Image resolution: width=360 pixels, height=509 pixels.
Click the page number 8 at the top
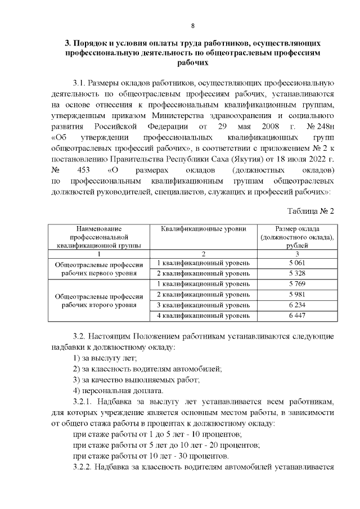tap(192, 26)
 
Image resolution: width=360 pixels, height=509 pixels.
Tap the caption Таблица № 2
tap(311, 211)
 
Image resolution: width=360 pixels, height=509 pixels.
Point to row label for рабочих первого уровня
tap(99, 269)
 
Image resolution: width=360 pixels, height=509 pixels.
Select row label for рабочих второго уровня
tap(99, 300)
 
